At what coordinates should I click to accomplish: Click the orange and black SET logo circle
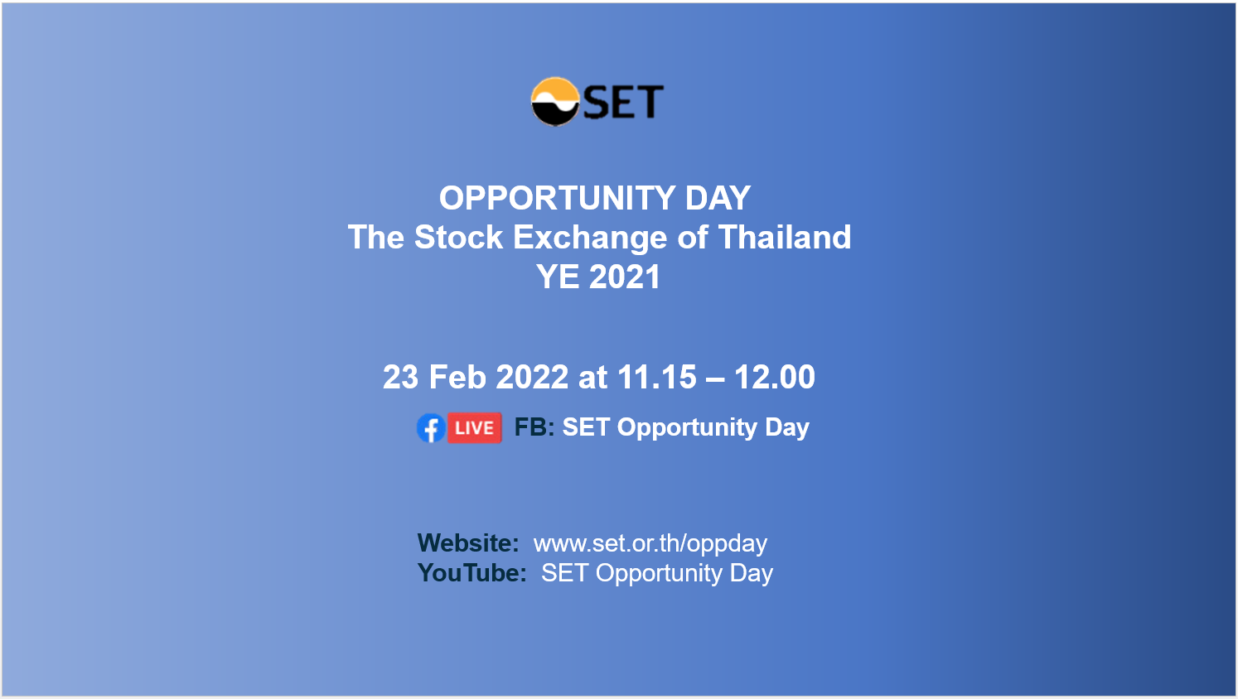(555, 102)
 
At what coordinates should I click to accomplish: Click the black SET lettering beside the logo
(623, 102)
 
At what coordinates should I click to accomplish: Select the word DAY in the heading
(718, 198)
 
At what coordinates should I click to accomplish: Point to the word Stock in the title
(458, 237)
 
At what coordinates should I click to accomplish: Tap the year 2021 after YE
(625, 277)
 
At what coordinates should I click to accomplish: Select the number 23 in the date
(401, 378)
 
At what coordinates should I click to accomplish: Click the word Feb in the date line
(457, 378)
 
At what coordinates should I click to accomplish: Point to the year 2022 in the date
(532, 378)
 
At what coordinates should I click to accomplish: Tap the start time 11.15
(656, 378)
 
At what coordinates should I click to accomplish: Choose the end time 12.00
(774, 378)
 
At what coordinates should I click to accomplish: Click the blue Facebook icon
(431, 427)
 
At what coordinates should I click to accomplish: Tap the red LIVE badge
(474, 427)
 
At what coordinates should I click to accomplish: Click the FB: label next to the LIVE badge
(534, 427)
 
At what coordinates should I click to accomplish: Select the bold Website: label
(468, 543)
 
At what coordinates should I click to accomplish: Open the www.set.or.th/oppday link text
(650, 544)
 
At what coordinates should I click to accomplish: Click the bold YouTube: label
(472, 573)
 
